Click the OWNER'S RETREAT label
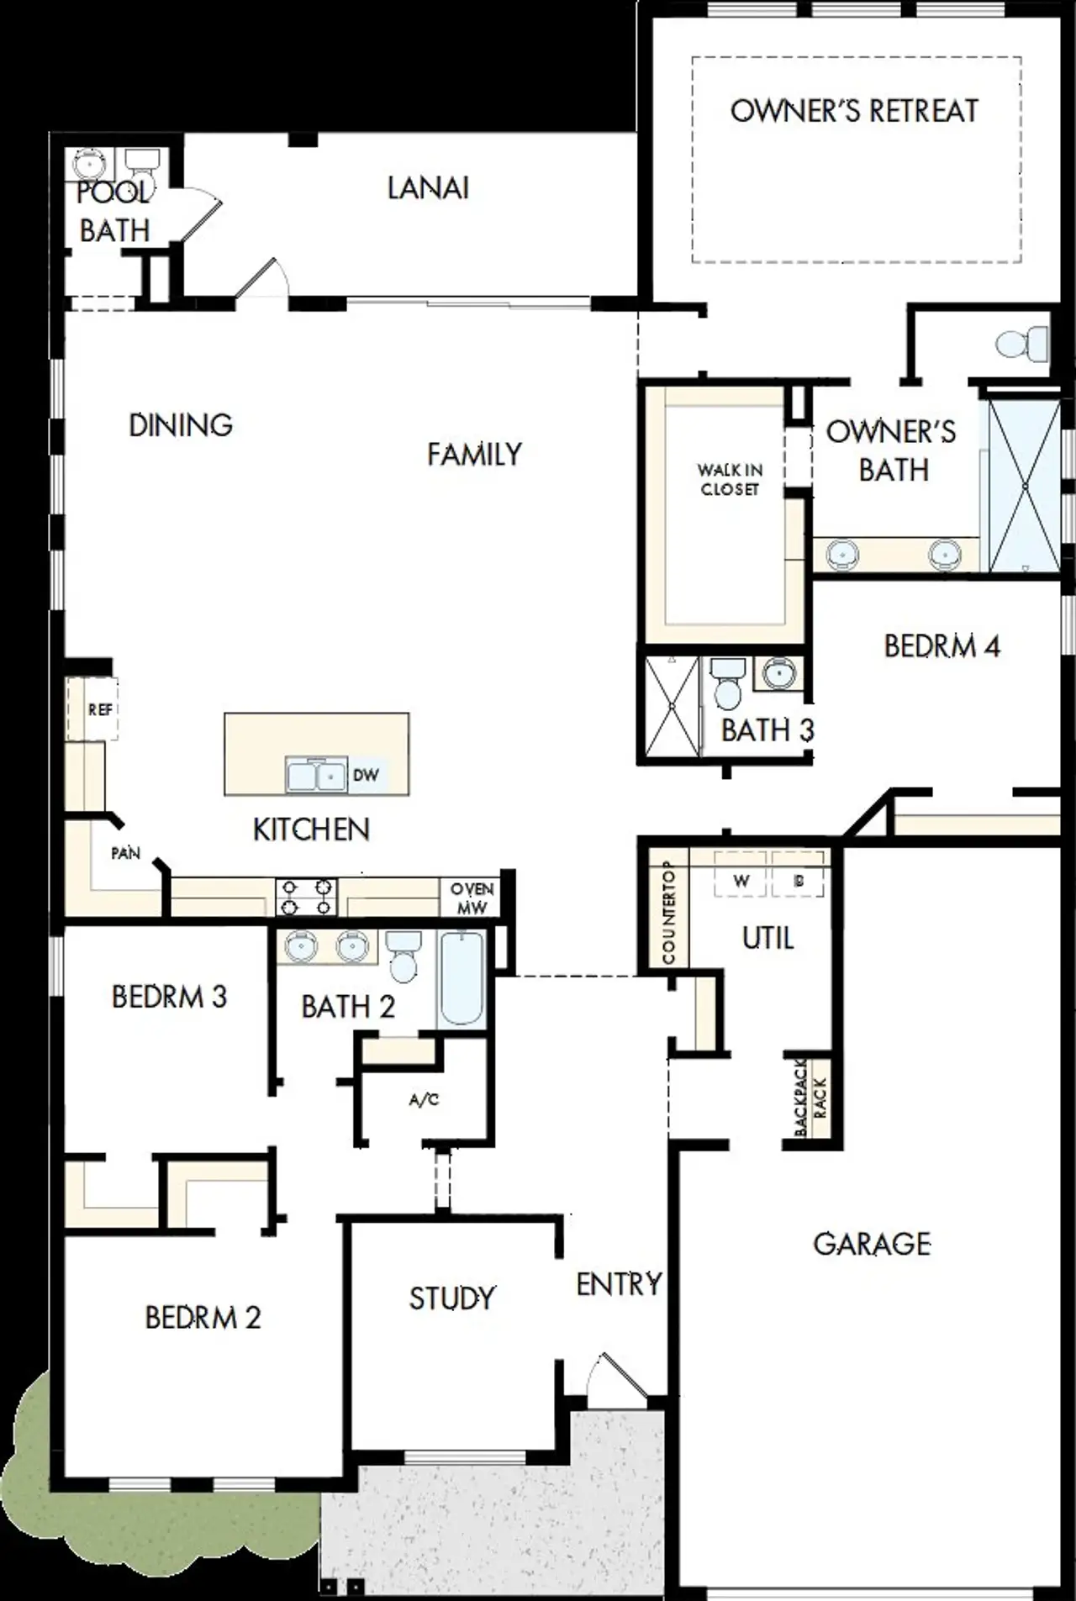point(854,111)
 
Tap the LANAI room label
point(428,188)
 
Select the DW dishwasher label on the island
point(366,775)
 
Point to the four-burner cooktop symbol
point(306,897)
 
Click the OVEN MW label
point(472,898)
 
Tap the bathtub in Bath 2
point(462,978)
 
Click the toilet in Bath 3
point(726,684)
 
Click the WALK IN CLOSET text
point(730,479)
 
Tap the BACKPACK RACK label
point(810,1096)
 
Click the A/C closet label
point(424,1099)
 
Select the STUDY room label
point(451,1298)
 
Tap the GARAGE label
point(871,1244)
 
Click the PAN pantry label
point(125,853)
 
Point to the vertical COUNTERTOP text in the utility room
point(668,913)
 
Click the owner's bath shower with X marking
point(1024,486)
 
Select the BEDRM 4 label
point(941,645)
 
